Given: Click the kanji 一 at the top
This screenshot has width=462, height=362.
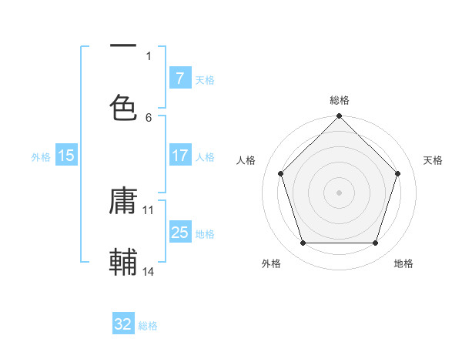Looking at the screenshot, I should (x=123, y=48).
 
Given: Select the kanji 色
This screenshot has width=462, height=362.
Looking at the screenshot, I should (x=123, y=107).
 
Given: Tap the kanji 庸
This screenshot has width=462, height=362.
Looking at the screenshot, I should (x=123, y=202).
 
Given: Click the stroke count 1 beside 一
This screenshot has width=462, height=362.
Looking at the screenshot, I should (x=149, y=55).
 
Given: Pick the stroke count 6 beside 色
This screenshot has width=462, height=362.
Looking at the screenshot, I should (x=149, y=117).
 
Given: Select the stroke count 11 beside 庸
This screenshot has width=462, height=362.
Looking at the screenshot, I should (x=149, y=209).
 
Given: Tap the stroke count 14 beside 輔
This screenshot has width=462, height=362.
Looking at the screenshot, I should (x=149, y=271).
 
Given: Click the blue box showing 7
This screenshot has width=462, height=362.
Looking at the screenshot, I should (x=179, y=78).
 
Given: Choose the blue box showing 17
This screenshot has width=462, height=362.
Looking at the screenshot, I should (x=179, y=156).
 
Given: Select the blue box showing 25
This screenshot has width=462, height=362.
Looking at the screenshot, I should (x=179, y=233).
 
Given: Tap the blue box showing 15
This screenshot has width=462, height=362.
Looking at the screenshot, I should (x=66, y=156).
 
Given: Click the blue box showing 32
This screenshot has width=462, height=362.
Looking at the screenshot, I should (x=123, y=324).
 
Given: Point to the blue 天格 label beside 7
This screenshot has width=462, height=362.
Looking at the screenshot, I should (x=205, y=79).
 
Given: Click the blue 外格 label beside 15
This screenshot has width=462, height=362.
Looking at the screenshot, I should (x=41, y=157).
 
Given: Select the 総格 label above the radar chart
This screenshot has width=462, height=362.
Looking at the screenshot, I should (x=340, y=100).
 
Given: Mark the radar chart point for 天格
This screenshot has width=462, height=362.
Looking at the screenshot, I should (x=398, y=173).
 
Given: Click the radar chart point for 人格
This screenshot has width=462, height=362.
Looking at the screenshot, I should (x=280, y=173).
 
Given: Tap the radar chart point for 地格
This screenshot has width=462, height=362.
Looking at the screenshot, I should (x=376, y=243).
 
